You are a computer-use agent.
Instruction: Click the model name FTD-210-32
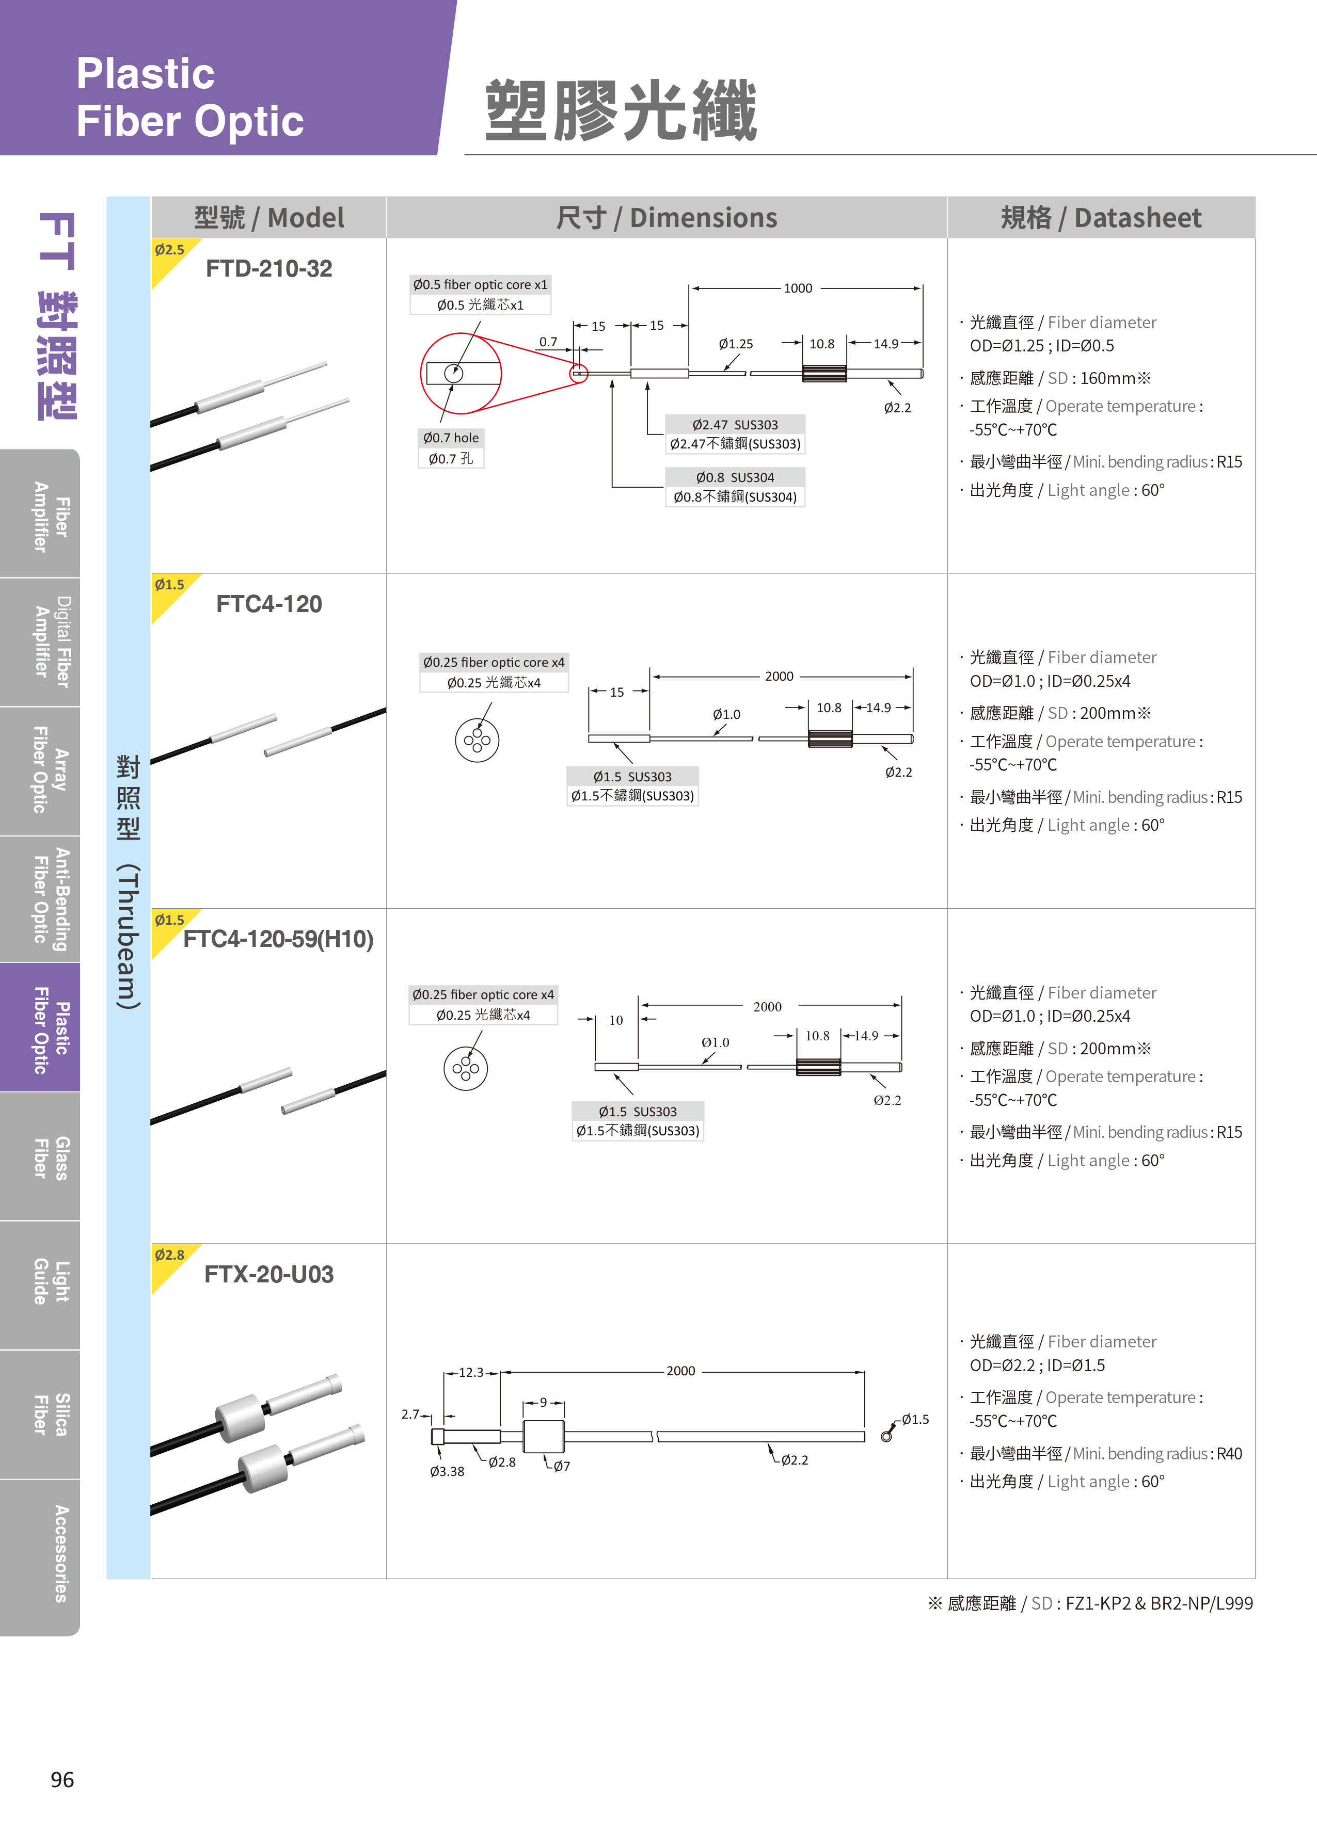click(269, 268)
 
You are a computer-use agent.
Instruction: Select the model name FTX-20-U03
click(269, 1274)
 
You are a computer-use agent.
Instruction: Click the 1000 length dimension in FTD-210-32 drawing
click(798, 288)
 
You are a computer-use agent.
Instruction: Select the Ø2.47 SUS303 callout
click(735, 434)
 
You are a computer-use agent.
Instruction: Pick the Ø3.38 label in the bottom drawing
click(447, 1471)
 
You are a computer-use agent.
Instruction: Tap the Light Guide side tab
click(50, 1285)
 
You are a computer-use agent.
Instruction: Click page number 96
click(62, 1779)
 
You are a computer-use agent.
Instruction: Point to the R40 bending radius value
click(1229, 1453)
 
